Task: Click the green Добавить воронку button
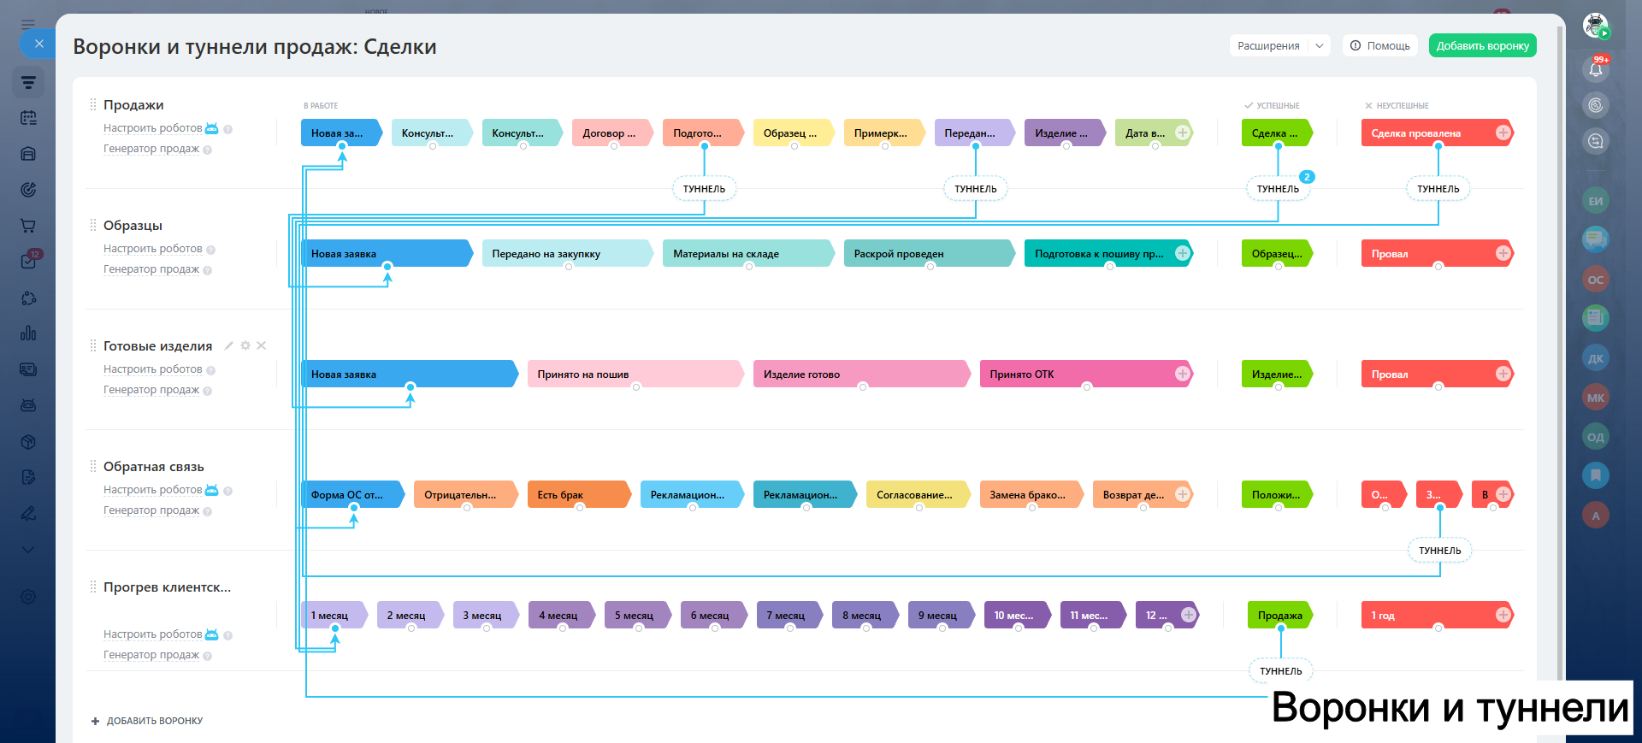(1482, 46)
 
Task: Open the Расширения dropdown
(1279, 46)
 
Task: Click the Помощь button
(1380, 46)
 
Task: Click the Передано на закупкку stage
(564, 254)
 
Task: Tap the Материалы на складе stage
(744, 254)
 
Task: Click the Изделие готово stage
(859, 374)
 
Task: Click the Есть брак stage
(576, 495)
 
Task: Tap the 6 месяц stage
(712, 616)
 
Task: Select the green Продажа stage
(1279, 616)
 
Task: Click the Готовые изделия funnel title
(157, 346)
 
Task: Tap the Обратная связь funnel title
(154, 467)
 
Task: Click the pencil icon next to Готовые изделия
(228, 345)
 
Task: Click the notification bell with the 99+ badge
(1595, 69)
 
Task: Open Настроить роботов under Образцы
(153, 249)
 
